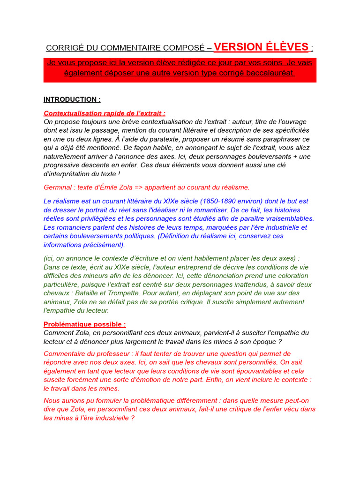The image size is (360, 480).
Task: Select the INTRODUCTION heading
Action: pos(72,99)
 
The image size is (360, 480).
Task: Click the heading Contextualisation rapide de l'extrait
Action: pos(104,113)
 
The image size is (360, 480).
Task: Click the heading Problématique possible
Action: pos(84,324)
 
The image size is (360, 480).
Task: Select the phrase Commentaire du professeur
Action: pos(88,354)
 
